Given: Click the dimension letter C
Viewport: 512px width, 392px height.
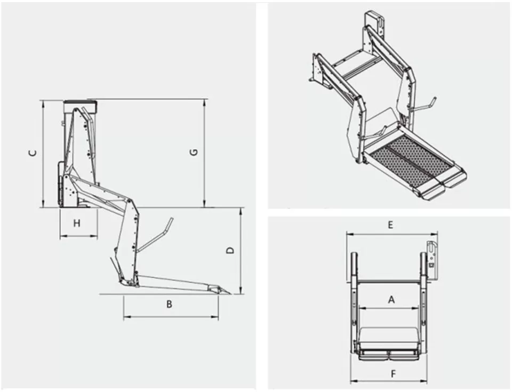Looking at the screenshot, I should (33, 153).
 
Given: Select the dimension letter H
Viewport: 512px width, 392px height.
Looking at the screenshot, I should (77, 223).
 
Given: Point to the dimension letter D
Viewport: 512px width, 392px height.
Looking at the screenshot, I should (230, 250).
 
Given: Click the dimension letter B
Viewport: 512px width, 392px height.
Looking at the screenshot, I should (169, 305).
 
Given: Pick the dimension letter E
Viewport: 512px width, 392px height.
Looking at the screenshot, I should (390, 225).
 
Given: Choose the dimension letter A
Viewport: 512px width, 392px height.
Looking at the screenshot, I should (391, 300).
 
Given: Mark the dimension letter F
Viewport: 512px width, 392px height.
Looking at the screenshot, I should (393, 374).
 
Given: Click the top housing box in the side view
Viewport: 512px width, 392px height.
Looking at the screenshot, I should (80, 106).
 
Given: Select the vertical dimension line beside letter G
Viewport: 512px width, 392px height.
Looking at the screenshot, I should (204, 153).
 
